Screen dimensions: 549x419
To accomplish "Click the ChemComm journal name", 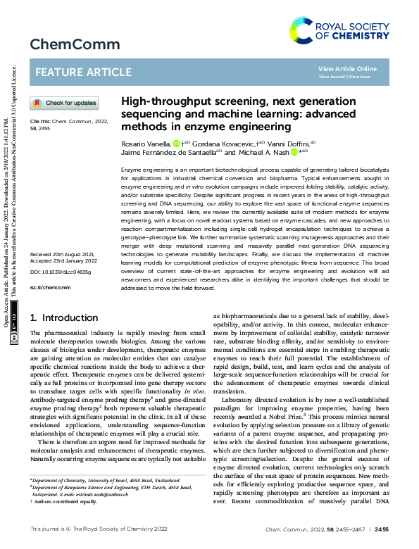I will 65,45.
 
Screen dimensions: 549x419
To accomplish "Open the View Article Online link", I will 347,68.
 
